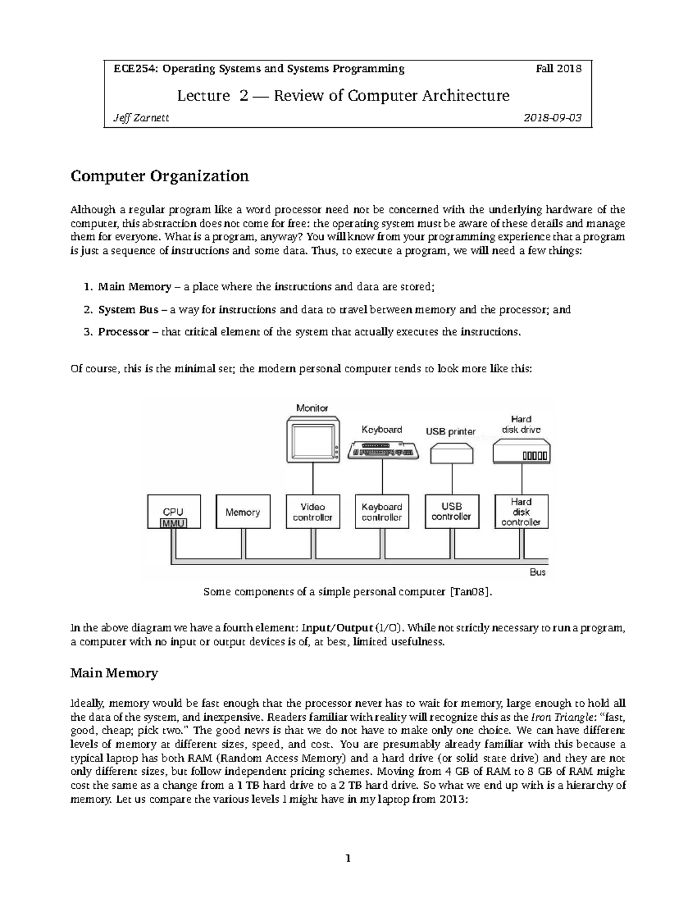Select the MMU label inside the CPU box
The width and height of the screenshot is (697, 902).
click(173, 523)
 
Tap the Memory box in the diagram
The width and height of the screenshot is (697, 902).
click(243, 512)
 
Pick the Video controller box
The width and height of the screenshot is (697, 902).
click(312, 512)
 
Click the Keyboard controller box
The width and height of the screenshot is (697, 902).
click(382, 512)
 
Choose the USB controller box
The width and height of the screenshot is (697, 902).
click(451, 511)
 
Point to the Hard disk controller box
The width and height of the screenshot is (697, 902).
click(521, 511)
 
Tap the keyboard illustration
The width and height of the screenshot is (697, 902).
click(383, 450)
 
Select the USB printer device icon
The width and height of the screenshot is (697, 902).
click(452, 452)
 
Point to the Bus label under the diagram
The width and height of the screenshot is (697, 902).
click(538, 572)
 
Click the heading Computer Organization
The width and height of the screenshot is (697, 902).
click(160, 176)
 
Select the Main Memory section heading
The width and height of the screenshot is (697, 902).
click(114, 673)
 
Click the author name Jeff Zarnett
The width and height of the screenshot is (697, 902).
click(141, 118)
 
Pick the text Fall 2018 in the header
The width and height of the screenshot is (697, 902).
click(558, 69)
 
